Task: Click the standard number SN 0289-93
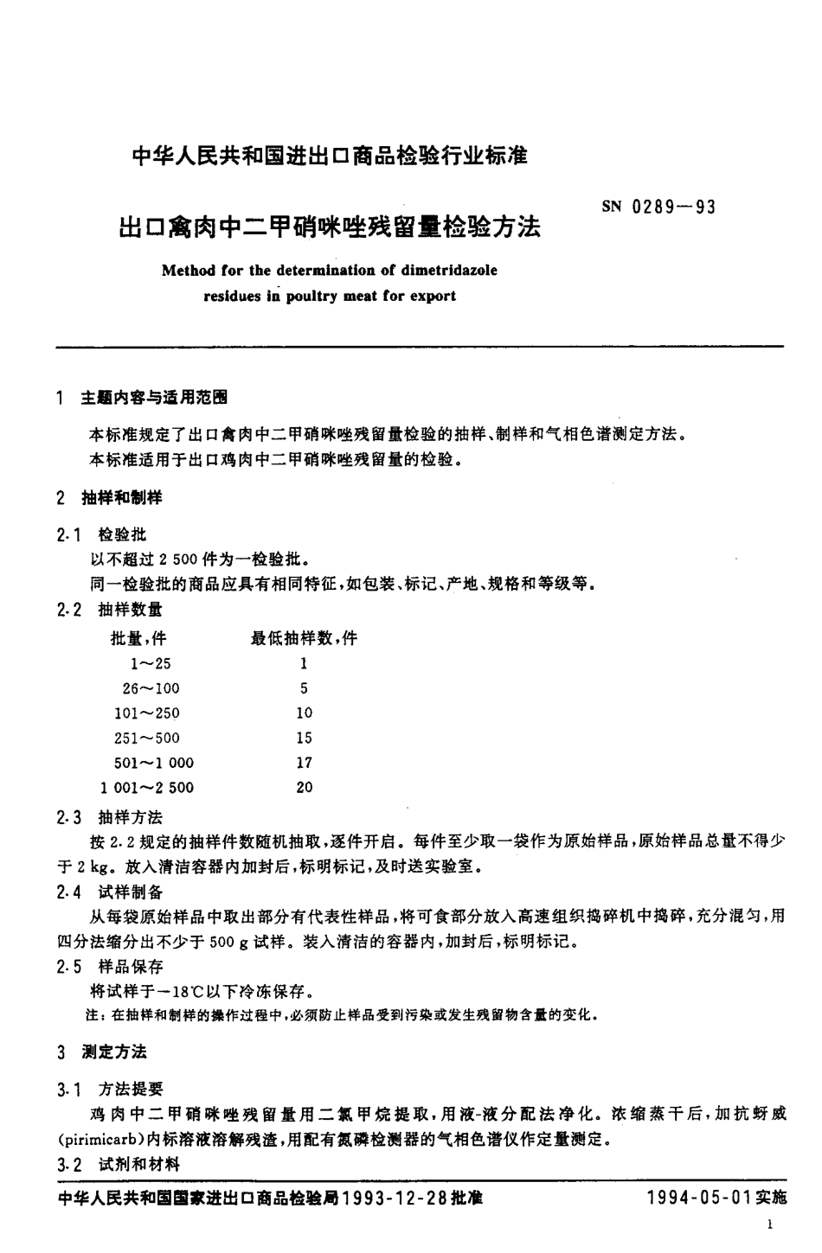click(x=658, y=208)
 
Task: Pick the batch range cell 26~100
click(x=151, y=688)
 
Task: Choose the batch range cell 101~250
click(x=147, y=713)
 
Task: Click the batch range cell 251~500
click(x=147, y=738)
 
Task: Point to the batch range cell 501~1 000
click(x=154, y=763)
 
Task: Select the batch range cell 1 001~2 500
click(x=148, y=788)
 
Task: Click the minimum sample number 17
click(x=304, y=763)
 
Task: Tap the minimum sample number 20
click(x=304, y=788)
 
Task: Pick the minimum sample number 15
click(x=304, y=738)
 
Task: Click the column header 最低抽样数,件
click(x=304, y=639)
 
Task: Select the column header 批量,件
click(x=138, y=639)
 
